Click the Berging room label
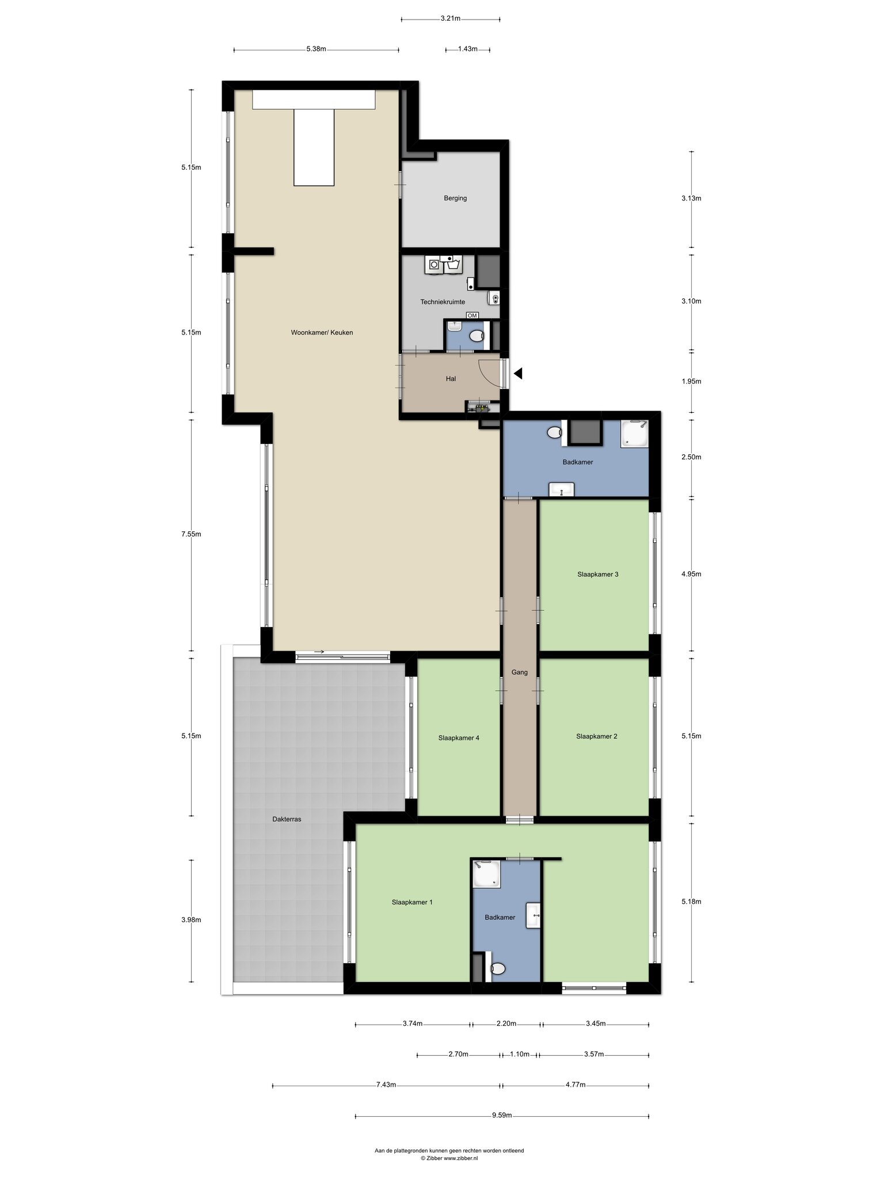(x=455, y=198)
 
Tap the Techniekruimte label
(x=443, y=302)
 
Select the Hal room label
(x=451, y=379)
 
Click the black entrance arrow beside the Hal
(x=518, y=374)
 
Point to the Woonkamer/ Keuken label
(x=322, y=332)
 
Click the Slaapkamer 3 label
(x=597, y=574)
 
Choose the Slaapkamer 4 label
(x=459, y=738)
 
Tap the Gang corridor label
(x=520, y=672)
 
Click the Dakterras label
(x=287, y=819)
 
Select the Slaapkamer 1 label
(x=412, y=902)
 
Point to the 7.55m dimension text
(x=191, y=534)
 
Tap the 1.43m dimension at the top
(x=468, y=49)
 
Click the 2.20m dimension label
(x=506, y=1024)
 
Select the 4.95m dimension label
(x=691, y=574)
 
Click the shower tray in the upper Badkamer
(x=634, y=433)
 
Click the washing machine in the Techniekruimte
(x=433, y=265)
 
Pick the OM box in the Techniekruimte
(x=473, y=315)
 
